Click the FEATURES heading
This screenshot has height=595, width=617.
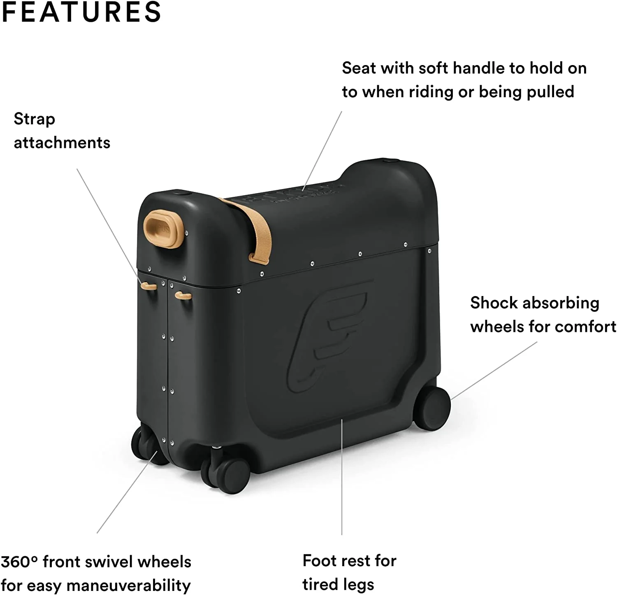tap(81, 12)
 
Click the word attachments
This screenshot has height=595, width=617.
tap(62, 143)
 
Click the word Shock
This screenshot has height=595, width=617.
tap(494, 303)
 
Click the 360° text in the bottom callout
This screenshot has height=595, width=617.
tap(19, 562)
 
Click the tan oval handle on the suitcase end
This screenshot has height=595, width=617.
tap(163, 229)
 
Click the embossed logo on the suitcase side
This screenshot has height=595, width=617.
tap(327, 336)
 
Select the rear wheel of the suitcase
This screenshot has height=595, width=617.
tap(432, 408)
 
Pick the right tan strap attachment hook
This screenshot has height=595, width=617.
tap(183, 296)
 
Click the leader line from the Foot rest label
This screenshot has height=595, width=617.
tap(342, 477)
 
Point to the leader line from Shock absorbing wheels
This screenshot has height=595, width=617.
tap(494, 371)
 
